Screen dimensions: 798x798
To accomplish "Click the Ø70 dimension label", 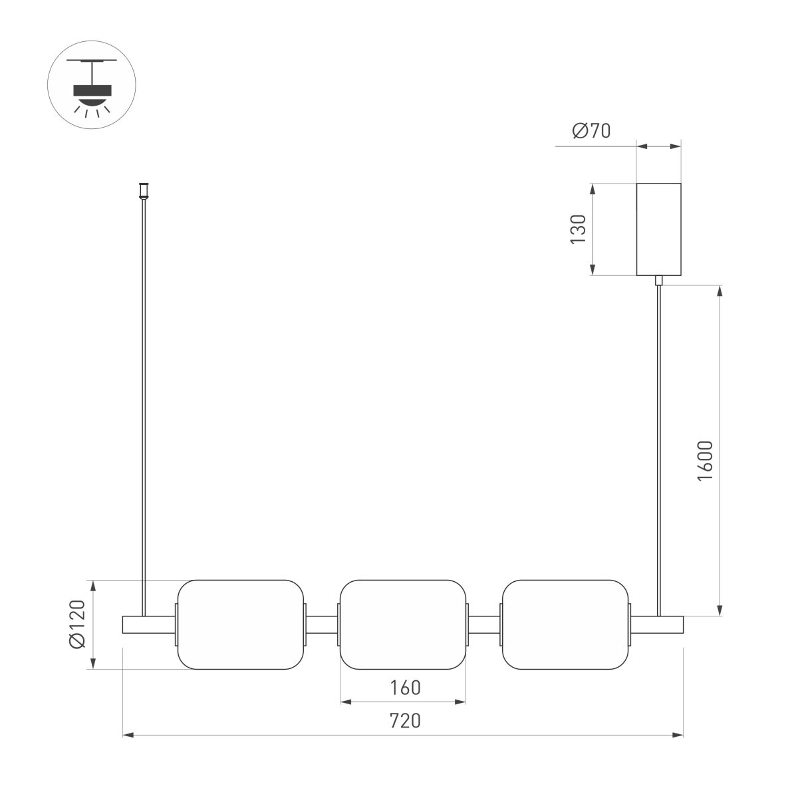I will point(591,131).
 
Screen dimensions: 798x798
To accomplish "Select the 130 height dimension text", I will point(579,229).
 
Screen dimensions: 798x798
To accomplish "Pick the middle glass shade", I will point(403,624).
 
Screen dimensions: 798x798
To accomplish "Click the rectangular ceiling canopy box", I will point(658,229).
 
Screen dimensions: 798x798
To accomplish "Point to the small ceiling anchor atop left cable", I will point(142,190).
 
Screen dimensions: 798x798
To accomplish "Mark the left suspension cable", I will point(142,399).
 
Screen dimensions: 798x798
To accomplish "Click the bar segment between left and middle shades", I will point(322,625).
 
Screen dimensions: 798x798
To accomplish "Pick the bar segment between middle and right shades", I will point(484,625).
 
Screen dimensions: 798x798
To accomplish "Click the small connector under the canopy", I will point(659,280).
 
